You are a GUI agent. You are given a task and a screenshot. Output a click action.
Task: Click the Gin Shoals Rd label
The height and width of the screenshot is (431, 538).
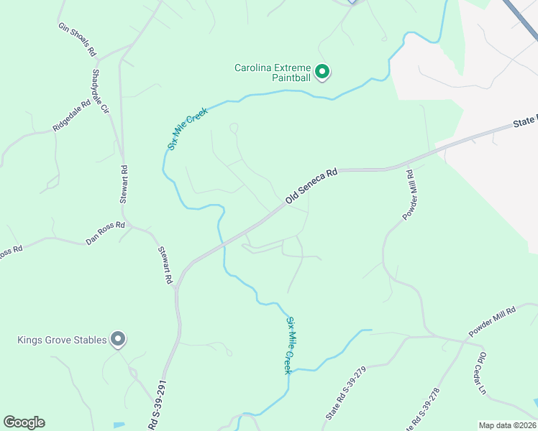[x=77, y=40]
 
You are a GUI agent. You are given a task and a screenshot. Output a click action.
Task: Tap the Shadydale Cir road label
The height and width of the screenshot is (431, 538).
[x=99, y=93]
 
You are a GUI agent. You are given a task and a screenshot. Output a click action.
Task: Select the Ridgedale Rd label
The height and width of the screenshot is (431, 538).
[x=71, y=115]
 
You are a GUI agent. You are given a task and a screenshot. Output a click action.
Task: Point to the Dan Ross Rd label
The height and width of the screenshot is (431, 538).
[x=105, y=233]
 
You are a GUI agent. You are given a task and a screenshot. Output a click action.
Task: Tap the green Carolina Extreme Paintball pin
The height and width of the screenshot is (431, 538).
[x=323, y=72]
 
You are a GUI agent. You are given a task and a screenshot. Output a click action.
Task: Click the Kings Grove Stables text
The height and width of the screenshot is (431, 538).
[x=63, y=340]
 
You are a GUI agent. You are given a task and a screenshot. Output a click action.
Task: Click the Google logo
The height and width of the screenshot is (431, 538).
[x=24, y=422]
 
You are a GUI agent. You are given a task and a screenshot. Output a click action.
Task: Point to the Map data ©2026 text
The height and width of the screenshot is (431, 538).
[x=507, y=425]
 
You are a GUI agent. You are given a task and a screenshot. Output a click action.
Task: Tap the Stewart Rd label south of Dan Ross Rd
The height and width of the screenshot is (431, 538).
[x=165, y=264]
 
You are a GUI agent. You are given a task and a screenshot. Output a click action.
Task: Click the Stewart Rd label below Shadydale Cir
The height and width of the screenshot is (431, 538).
[x=124, y=185]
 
